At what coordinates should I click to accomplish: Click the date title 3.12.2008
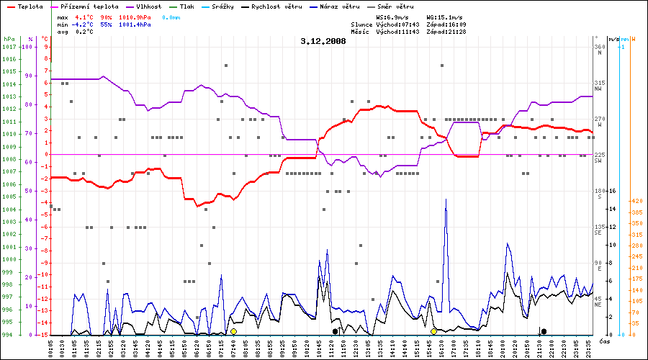(323, 41)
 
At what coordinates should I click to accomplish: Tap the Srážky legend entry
(226, 6)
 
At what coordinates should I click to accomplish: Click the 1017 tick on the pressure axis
(9, 47)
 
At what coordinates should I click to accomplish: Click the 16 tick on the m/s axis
(612, 192)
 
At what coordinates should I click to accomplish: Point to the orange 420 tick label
(636, 202)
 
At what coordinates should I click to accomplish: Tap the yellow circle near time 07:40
(233, 331)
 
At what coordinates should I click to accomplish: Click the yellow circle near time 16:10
(433, 331)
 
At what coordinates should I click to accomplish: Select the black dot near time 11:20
(336, 331)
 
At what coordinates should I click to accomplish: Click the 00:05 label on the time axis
(51, 346)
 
